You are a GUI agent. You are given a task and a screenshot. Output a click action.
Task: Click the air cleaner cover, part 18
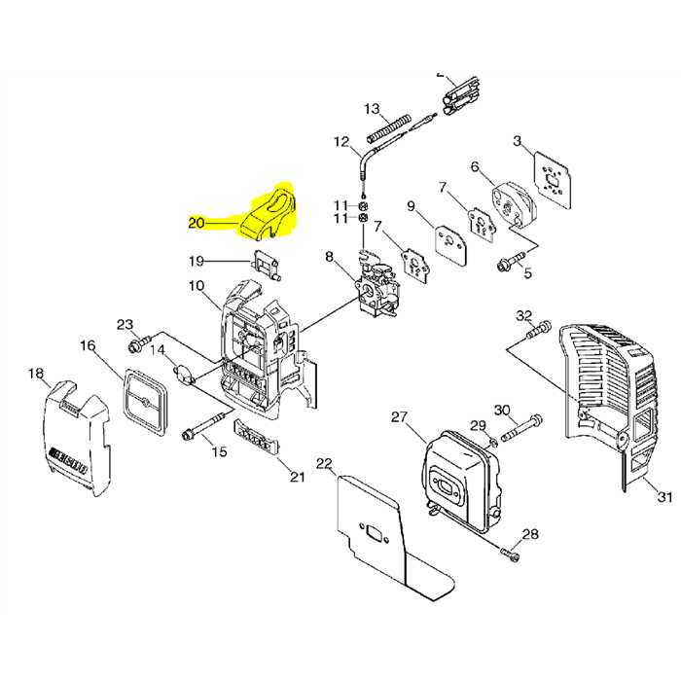coord(78,438)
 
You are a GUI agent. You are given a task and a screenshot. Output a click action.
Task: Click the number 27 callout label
coord(399,416)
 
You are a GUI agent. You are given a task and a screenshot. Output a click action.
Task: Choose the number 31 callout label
coord(664,497)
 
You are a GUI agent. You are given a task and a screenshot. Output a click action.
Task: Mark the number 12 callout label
coord(340,142)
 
